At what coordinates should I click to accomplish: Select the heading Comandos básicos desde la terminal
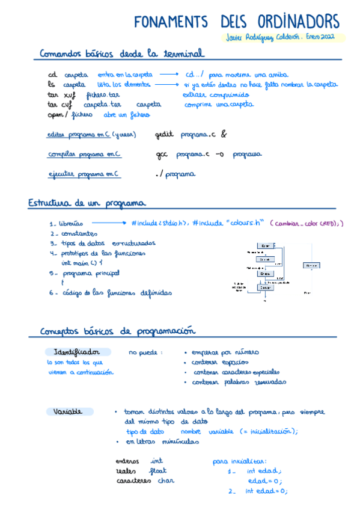coord(121,54)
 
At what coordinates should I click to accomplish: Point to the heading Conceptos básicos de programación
coord(118,331)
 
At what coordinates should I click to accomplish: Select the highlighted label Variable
coord(68,412)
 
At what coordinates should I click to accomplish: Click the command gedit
coord(163,135)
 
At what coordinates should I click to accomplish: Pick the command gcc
coord(162,155)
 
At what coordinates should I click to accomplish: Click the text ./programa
coord(175,174)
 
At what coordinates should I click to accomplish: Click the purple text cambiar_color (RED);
coord(307,224)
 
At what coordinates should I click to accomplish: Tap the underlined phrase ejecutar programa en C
coord(84,174)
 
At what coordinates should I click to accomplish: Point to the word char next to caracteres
coord(166,481)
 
